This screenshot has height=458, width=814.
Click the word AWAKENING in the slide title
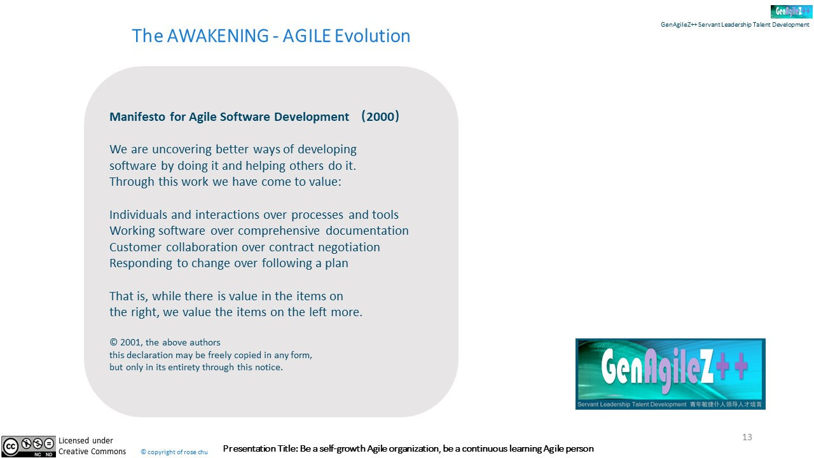tap(217, 36)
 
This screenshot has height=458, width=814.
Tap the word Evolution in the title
tap(372, 36)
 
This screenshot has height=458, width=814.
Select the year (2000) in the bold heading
tap(380, 116)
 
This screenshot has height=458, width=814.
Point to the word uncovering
tap(182, 149)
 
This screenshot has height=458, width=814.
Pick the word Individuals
tap(138, 214)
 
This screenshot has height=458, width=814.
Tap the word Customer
tap(135, 247)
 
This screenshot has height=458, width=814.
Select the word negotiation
tap(349, 247)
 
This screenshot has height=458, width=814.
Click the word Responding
tap(141, 263)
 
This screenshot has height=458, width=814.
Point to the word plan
tap(336, 263)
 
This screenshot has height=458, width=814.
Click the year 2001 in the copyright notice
tap(131, 342)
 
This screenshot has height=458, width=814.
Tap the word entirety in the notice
tap(183, 367)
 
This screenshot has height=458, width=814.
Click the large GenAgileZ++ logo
tap(670, 373)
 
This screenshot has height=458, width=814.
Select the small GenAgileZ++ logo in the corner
tap(791, 11)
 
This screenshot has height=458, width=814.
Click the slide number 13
tap(747, 437)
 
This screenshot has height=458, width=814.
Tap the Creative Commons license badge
tap(29, 447)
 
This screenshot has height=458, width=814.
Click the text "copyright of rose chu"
tap(177, 452)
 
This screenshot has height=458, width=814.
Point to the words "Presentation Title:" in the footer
tap(260, 448)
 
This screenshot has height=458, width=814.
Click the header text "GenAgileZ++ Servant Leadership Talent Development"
tap(735, 24)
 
